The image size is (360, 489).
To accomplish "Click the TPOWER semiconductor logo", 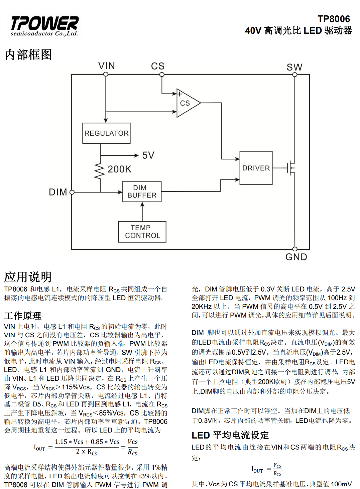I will (x=44, y=26).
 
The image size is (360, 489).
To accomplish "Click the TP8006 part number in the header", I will (x=333, y=19).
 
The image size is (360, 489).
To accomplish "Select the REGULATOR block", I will (x=106, y=133).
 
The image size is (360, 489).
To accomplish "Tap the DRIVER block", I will (x=256, y=168).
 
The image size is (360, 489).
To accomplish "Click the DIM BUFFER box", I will (x=142, y=192).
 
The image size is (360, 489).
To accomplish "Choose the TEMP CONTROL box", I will (x=142, y=232).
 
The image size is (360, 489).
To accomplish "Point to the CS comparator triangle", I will (x=187, y=103).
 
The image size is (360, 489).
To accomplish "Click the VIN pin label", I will (x=106, y=66).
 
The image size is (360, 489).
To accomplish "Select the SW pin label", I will (x=294, y=67).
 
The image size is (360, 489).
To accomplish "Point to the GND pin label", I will (x=296, y=257).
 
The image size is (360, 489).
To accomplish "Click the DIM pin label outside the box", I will (x=58, y=192).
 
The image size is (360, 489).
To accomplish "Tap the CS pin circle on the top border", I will (x=162, y=75).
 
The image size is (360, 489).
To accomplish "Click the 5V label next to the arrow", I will (x=148, y=155).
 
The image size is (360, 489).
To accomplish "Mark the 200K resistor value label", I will (x=119, y=169).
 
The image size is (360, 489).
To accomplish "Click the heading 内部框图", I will (x=28, y=54).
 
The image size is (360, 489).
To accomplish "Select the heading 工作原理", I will (x=23, y=316).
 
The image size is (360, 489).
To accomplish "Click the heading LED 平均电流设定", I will (x=230, y=435).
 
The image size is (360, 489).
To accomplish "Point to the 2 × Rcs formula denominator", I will (x=86, y=452).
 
